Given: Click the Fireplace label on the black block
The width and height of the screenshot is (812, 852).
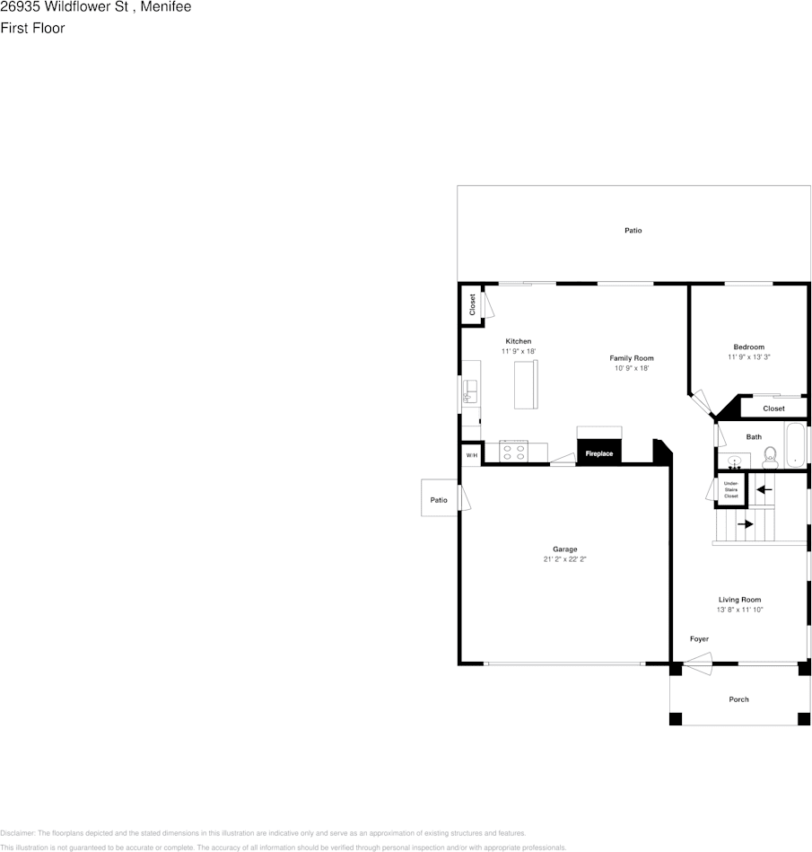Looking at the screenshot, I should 599,453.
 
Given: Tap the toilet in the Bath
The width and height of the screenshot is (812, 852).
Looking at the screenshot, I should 770,457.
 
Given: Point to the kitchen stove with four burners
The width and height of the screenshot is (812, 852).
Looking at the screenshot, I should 514,452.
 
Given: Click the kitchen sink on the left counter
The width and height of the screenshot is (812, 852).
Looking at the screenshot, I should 468,391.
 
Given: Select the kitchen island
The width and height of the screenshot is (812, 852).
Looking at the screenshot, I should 525,383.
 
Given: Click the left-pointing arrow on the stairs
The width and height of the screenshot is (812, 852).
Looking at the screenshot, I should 764,489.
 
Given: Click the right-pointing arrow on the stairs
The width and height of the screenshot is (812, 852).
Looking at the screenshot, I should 745,524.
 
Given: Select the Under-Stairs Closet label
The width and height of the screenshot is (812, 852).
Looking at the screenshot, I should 731,489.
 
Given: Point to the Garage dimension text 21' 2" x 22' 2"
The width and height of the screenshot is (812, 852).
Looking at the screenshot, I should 564,559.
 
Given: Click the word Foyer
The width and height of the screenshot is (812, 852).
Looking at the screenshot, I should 699,639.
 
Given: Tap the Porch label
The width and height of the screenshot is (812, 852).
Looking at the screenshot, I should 738,699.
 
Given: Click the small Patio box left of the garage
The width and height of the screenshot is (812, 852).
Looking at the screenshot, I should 439,499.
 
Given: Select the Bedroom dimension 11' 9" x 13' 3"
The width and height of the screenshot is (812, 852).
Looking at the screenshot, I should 749,357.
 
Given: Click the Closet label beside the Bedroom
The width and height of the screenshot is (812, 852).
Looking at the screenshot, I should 773,408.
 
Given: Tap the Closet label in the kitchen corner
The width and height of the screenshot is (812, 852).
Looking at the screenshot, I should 472,304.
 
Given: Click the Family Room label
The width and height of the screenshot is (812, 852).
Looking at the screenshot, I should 632,358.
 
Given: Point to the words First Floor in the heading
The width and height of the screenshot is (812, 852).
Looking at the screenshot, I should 32,28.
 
